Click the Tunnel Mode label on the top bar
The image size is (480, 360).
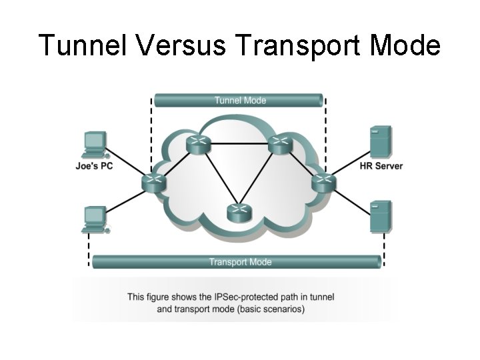tap(239, 101)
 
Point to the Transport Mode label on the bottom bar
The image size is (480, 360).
tap(240, 262)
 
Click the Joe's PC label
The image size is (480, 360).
tap(94, 165)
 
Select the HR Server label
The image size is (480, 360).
tap(381, 165)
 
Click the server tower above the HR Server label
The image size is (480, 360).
tap(381, 141)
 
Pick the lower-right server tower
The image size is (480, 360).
tap(381, 216)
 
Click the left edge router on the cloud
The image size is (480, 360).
tap(154, 181)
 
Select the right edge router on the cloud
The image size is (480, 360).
tap(323, 181)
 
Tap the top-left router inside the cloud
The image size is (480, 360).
tap(197, 143)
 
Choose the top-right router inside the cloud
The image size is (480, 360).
tap(279, 143)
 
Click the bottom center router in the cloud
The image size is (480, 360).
tap(238, 213)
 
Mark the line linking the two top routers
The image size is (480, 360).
tap(238, 142)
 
